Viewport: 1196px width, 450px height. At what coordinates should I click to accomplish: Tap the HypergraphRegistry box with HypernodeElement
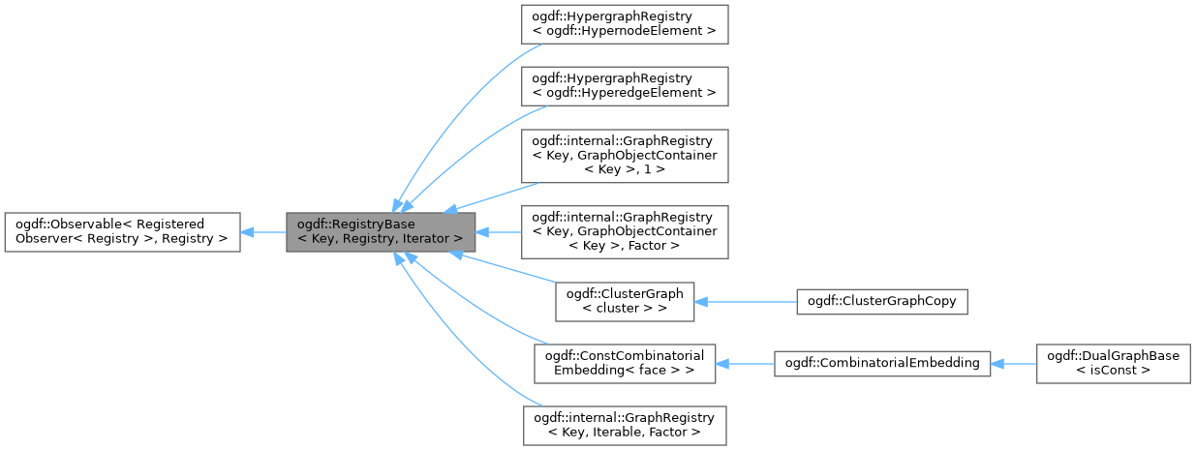pos(624,23)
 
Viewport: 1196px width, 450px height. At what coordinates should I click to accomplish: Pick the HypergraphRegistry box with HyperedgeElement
pos(624,85)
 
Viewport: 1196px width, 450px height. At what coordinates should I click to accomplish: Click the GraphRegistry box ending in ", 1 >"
pos(624,155)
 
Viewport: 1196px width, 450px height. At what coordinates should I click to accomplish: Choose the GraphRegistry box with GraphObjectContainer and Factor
pos(624,231)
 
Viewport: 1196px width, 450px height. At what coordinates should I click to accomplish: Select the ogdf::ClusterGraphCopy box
pos(881,301)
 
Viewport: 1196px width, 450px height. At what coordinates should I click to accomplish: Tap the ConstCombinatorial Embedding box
pos(624,363)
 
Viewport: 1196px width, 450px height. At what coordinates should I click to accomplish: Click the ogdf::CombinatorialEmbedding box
pos(881,363)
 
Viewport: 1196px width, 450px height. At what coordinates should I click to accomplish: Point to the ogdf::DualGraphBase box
pos(1112,363)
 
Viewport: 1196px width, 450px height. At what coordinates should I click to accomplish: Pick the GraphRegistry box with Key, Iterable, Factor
pos(624,425)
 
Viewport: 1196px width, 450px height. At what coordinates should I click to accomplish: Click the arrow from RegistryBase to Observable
pos(262,232)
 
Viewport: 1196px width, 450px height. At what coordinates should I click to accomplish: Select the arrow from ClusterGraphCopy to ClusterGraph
pos(746,301)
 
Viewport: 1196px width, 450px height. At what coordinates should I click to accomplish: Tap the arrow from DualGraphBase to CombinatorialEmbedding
pos(1013,363)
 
